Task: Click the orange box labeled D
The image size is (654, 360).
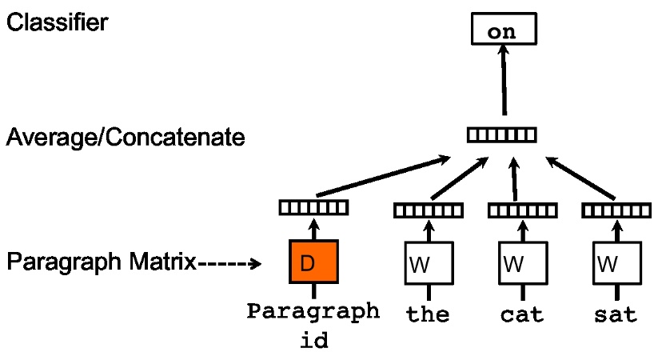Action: click(313, 262)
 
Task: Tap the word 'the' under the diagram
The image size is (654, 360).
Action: click(428, 314)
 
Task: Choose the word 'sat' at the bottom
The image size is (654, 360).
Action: click(615, 314)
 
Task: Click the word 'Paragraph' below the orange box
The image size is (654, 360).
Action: click(313, 310)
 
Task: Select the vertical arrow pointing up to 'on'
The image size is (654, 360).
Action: click(504, 80)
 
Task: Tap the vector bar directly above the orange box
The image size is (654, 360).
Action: click(313, 208)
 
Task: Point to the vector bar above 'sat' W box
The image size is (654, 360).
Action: click(615, 211)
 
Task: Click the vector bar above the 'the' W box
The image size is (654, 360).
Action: click(428, 211)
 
